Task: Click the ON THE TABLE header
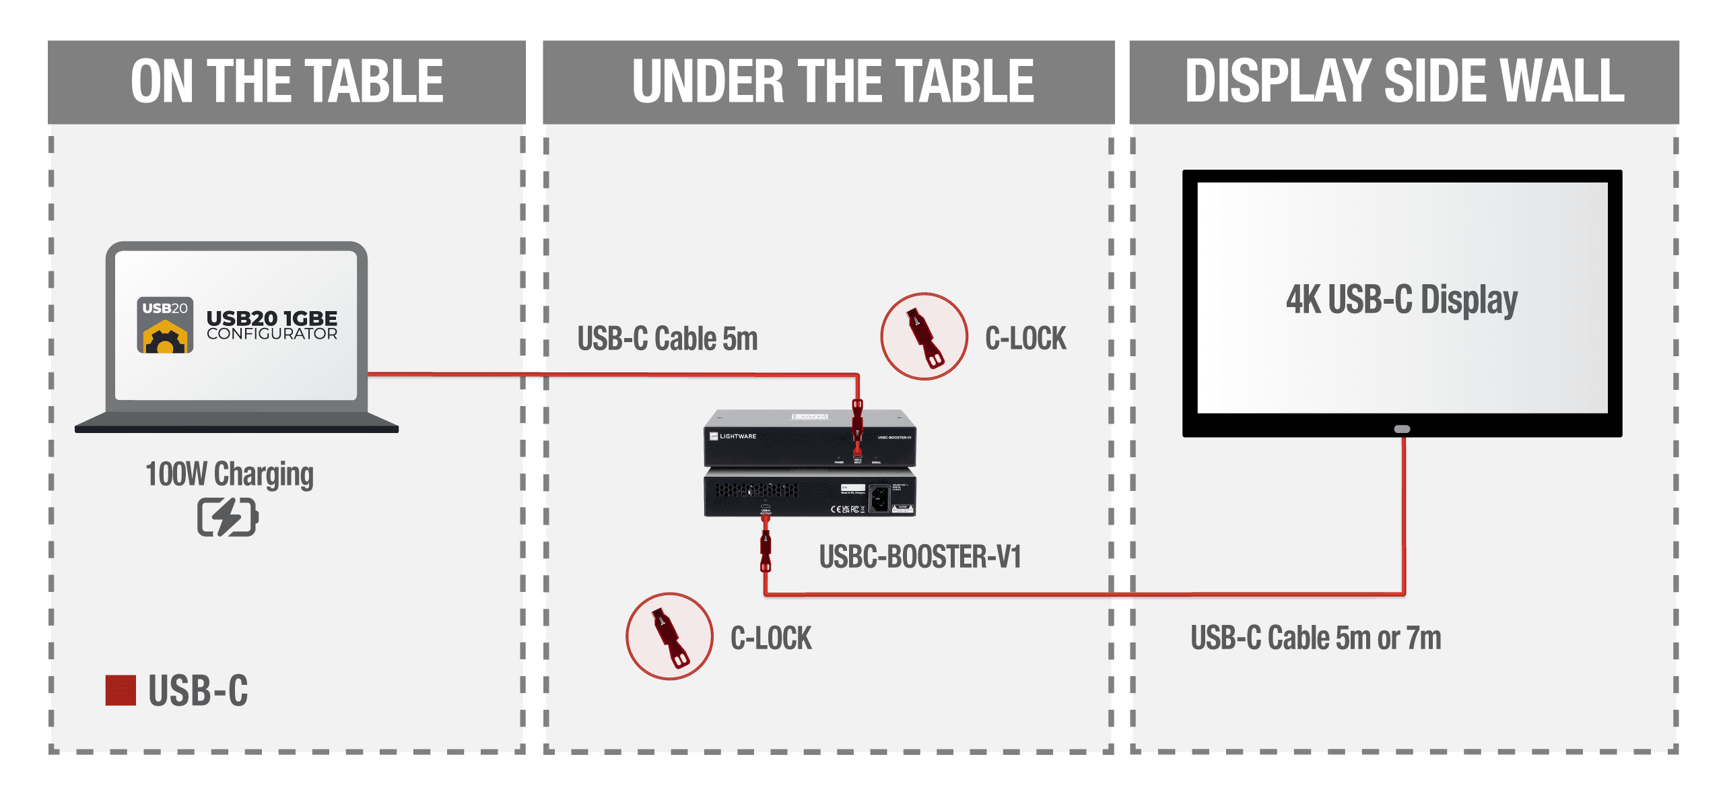(x=287, y=81)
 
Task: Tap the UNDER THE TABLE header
(x=832, y=81)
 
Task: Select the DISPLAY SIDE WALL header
(x=1404, y=81)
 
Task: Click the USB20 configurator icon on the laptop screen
(x=165, y=325)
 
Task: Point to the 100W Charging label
(x=230, y=474)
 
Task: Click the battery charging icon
(x=228, y=517)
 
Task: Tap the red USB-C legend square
(x=121, y=690)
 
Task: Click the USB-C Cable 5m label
(x=667, y=339)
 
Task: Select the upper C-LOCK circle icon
(x=924, y=336)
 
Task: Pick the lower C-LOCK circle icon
(x=669, y=636)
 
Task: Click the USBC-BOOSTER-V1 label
(x=920, y=557)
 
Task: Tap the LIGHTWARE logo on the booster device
(x=733, y=436)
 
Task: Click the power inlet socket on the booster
(x=879, y=499)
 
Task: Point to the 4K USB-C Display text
(x=1402, y=300)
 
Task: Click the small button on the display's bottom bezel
(x=1402, y=429)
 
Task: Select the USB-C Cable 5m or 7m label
(x=1316, y=638)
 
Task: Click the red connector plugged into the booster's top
(x=857, y=424)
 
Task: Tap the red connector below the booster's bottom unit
(x=766, y=550)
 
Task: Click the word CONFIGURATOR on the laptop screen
(x=272, y=334)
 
